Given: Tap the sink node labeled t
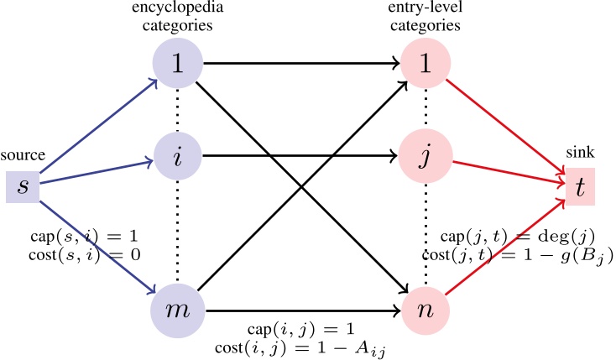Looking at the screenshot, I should [580, 187].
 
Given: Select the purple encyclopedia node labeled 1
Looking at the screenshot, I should [178, 64].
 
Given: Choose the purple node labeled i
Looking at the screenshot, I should [178, 156].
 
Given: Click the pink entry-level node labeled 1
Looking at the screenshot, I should [425, 64].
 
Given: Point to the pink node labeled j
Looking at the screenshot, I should [425, 156].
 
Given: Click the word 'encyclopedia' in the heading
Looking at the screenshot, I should [178, 9].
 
